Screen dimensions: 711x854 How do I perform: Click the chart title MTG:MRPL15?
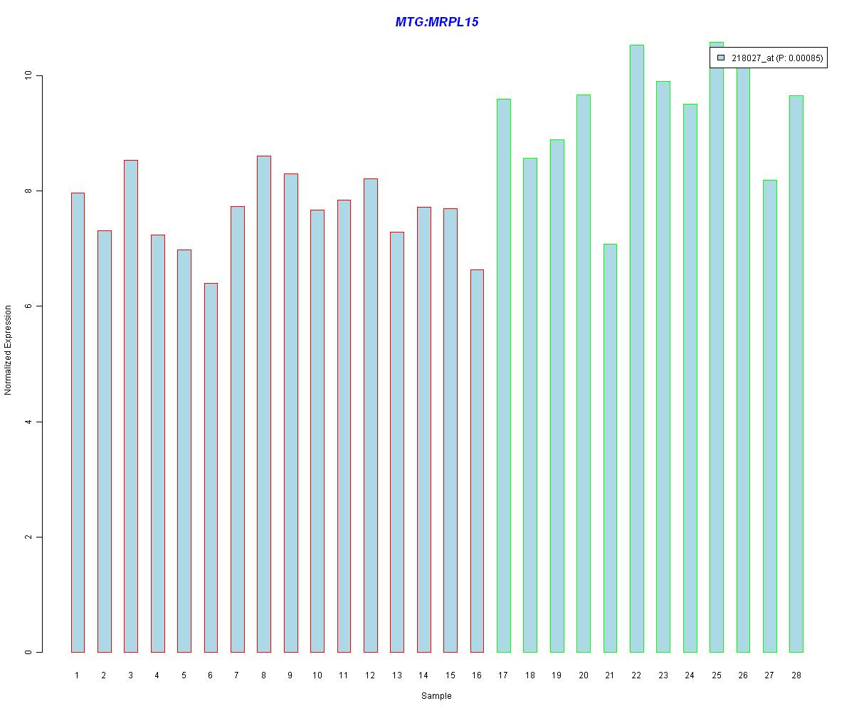[436, 22]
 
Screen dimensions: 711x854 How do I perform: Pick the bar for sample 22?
[636, 348]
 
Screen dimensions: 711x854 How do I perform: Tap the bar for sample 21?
[610, 448]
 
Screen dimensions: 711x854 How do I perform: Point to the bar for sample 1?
[78, 422]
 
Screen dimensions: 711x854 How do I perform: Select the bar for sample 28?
[796, 374]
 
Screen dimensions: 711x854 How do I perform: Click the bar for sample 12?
[370, 415]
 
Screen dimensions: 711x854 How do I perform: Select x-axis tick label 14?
[423, 675]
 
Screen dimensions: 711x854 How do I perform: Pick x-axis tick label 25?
[716, 675]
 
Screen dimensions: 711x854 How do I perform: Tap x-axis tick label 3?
[130, 675]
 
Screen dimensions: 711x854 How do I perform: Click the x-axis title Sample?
[436, 696]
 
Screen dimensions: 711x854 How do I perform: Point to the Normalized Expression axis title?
[8, 350]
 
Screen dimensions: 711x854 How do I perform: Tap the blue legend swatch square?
[721, 58]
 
